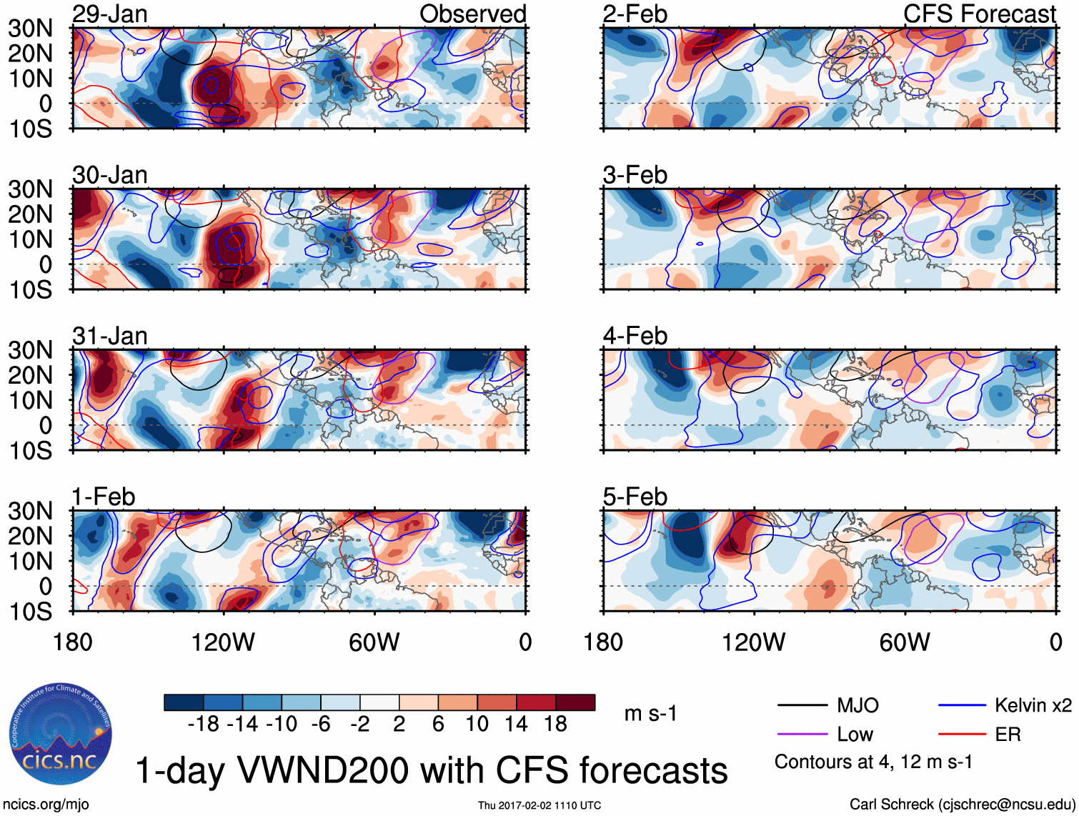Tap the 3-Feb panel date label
coord(635,174)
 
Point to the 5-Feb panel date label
coord(635,496)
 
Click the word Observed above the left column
coord(472,14)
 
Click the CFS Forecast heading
coord(979,14)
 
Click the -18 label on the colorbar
coord(203,724)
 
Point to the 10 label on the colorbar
coord(477,724)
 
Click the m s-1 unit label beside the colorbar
coord(650,713)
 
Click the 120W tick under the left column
coord(223,642)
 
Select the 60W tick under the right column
coord(905,642)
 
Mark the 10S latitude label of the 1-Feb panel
coord(30,611)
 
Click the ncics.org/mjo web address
coord(45,805)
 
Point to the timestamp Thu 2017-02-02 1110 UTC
coord(539,805)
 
